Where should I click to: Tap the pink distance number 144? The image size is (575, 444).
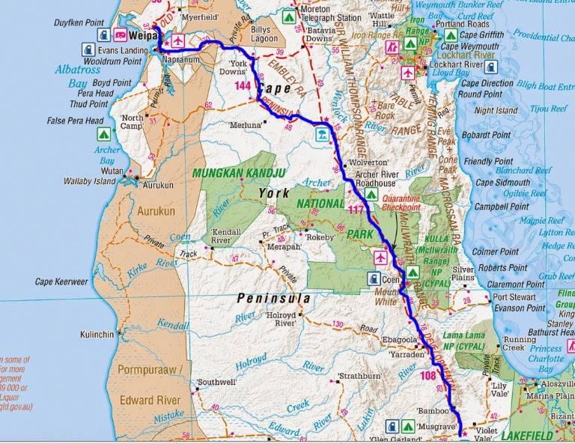[x=243, y=87]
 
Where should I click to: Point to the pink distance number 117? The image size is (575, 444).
[x=356, y=210]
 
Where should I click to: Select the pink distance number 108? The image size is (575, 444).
[x=428, y=375]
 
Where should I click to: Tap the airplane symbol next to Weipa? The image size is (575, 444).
[x=178, y=39]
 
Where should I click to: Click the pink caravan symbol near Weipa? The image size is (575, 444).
[x=119, y=34]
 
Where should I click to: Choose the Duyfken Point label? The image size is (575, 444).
[x=79, y=23]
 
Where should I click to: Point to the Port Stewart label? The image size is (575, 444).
[x=515, y=296]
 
